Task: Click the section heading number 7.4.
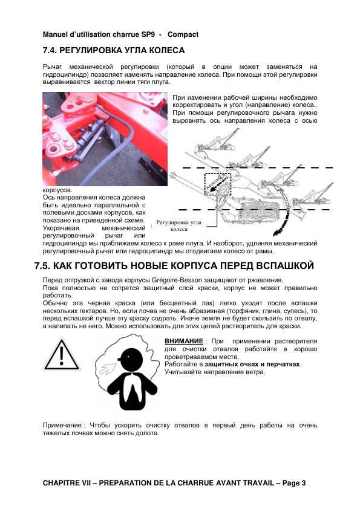[x=50, y=51]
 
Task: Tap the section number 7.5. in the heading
[x=42, y=266]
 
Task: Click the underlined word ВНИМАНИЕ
[x=184, y=342]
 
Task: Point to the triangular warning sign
[x=61, y=354]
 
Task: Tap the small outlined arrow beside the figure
[x=108, y=368]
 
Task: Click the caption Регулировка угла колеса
[x=178, y=225]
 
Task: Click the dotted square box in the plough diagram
[x=218, y=184]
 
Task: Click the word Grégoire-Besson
[x=177, y=280]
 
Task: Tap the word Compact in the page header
[x=183, y=34]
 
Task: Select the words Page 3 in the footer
[x=294, y=484]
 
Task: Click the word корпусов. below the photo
[x=57, y=190]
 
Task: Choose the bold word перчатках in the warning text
[x=285, y=365]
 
